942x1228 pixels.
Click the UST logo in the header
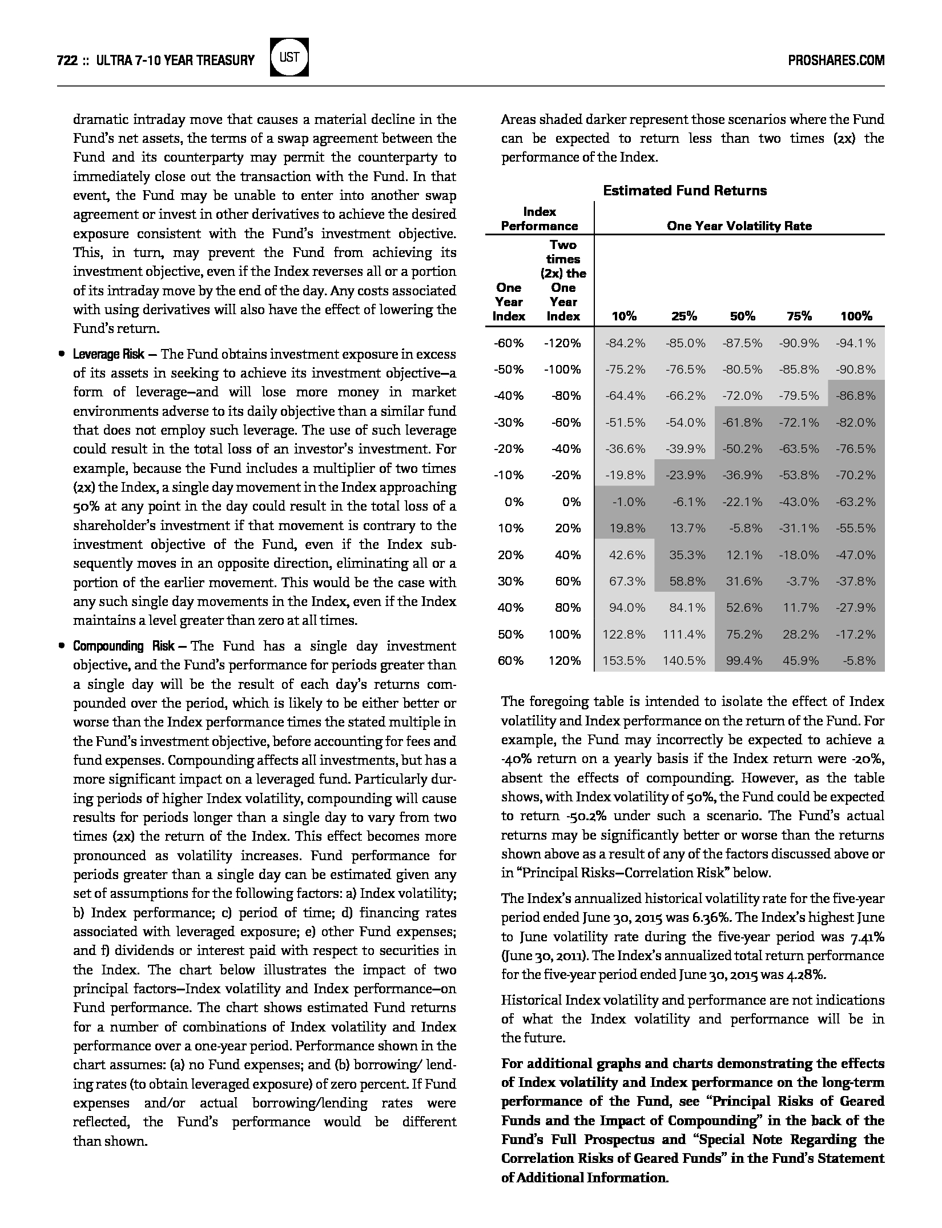tap(290, 58)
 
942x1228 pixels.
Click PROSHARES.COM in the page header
tap(836, 60)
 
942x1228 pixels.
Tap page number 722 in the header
tap(67, 60)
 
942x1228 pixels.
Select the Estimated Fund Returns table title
tap(685, 191)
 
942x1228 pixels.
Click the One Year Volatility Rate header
tap(739, 226)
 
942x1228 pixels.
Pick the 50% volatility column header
tap(742, 316)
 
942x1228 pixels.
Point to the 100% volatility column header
tap(856, 316)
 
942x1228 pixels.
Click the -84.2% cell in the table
tap(625, 343)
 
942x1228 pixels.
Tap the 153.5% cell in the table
tap(624, 661)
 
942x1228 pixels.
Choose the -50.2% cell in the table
tap(742, 449)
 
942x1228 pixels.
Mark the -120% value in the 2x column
tap(562, 343)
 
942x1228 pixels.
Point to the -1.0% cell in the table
tap(629, 502)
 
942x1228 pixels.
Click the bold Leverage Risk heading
tap(108, 354)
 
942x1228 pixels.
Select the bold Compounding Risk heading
tap(123, 647)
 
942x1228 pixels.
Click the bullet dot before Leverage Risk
tap(61, 354)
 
